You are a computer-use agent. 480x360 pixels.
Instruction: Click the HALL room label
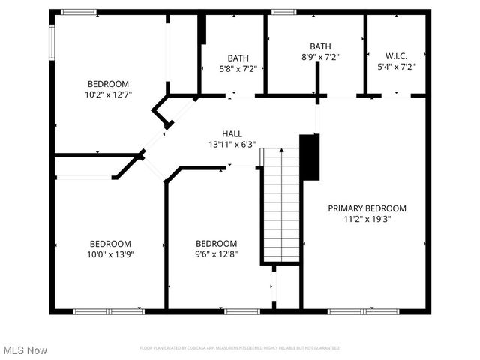[232, 133]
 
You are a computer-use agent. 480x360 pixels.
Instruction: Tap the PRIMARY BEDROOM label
[367, 208]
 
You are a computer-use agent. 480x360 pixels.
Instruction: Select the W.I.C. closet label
[396, 56]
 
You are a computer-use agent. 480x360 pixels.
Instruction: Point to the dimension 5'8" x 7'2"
[238, 68]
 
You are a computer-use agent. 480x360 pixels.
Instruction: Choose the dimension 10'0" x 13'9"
[110, 253]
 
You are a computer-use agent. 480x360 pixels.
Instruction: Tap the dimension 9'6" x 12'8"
[216, 253]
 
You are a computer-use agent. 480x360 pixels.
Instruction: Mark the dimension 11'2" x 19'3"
[367, 219]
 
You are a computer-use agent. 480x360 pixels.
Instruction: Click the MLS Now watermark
[25, 350]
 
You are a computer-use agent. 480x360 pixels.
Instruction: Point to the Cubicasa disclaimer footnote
[240, 348]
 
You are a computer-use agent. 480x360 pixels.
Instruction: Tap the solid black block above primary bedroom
[310, 156]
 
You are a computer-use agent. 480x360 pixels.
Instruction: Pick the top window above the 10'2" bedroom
[79, 12]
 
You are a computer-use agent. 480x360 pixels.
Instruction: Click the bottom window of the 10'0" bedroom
[109, 310]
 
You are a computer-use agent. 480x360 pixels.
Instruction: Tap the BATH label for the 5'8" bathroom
[238, 58]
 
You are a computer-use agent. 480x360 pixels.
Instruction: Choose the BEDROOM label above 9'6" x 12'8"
[216, 243]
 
